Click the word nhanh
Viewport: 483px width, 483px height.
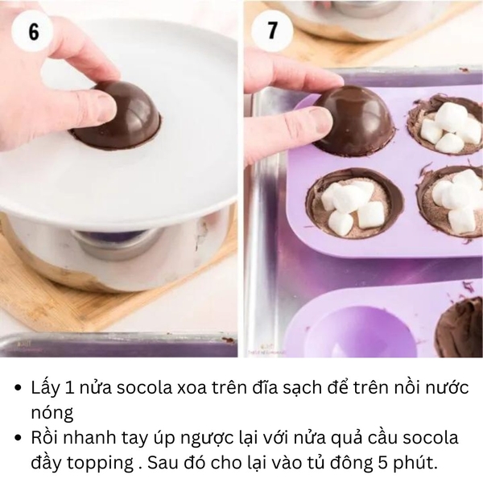click(x=101, y=439)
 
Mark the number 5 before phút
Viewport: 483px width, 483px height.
click(x=382, y=464)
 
